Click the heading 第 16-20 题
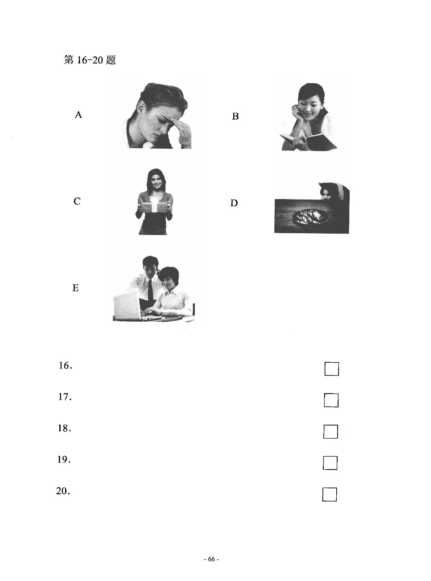click(90, 60)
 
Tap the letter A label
click(78, 115)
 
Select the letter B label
click(235, 116)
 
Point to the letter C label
click(77, 201)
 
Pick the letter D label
click(234, 203)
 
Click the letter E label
click(75, 288)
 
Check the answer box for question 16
click(331, 369)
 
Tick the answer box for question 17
click(331, 400)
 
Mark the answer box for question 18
click(330, 431)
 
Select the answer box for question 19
click(330, 463)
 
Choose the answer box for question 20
click(330, 494)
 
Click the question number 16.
click(65, 366)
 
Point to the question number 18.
click(64, 429)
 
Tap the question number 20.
click(63, 491)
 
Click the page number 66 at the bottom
click(211, 559)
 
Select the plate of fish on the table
click(311, 217)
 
